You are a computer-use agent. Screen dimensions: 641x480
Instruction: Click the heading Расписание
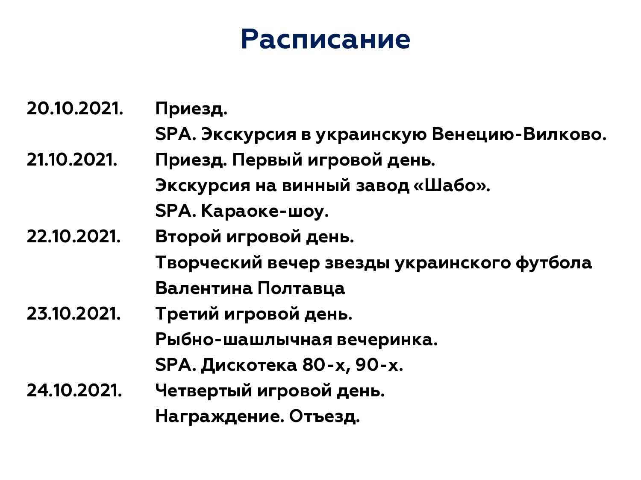(x=325, y=39)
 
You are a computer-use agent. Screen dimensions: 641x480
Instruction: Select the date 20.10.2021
(x=75, y=108)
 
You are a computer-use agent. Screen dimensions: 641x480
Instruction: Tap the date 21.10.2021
(x=72, y=160)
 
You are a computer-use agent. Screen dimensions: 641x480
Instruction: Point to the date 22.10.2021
(x=74, y=236)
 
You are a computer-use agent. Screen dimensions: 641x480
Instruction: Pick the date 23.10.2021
(x=74, y=314)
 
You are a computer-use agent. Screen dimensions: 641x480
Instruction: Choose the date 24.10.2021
(x=74, y=390)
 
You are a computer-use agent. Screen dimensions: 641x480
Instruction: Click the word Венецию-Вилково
(x=519, y=135)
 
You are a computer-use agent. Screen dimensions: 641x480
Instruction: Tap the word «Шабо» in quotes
(x=452, y=185)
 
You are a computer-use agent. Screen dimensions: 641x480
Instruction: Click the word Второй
(x=188, y=236)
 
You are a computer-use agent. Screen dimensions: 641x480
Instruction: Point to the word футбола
(x=553, y=263)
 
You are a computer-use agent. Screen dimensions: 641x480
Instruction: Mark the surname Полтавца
(x=301, y=288)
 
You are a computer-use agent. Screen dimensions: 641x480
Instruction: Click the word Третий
(x=187, y=314)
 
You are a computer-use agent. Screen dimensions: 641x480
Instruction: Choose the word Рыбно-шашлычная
(x=244, y=340)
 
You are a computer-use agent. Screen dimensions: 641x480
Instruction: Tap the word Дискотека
(x=249, y=366)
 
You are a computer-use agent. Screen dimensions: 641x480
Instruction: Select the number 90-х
(x=379, y=365)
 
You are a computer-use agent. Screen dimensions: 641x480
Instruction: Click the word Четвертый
(x=204, y=390)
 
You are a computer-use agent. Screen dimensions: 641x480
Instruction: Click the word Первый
(x=267, y=160)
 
